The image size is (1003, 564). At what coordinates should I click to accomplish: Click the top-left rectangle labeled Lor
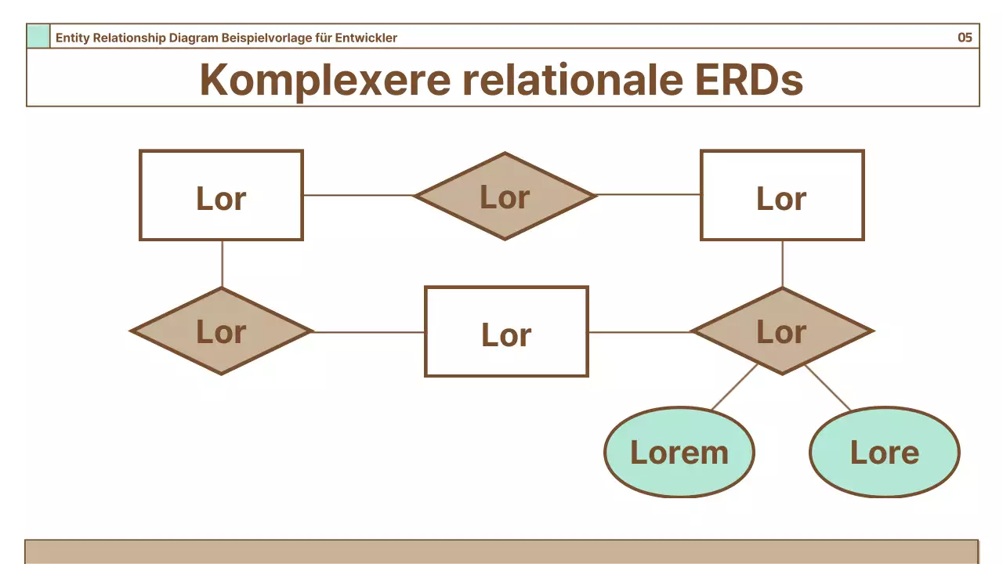221,195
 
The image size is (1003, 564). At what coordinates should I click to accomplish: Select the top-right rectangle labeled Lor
782,195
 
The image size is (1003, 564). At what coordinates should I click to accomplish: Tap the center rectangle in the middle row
506,331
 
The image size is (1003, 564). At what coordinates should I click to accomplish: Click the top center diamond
505,196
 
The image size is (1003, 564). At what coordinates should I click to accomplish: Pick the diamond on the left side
222,331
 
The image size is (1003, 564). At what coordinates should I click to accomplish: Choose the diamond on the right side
782,331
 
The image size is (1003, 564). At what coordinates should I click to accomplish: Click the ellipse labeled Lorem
679,452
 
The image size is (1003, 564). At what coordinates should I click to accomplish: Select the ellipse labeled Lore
884,452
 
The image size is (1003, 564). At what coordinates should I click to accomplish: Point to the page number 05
965,38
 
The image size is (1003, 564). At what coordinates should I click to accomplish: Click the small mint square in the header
38,37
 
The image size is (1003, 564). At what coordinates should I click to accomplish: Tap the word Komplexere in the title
324,79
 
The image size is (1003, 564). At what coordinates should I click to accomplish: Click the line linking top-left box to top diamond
358,195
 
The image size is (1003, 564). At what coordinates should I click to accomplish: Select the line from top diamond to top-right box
649,194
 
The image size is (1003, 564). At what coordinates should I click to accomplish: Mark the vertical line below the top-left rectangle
222,264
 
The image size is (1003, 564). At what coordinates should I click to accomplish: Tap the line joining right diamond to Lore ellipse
827,388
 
